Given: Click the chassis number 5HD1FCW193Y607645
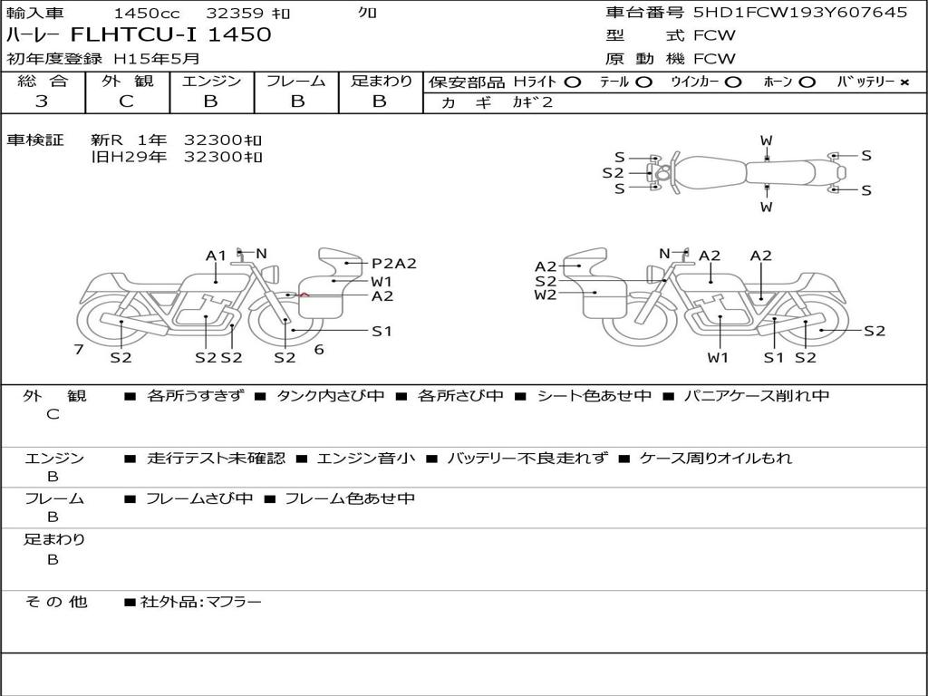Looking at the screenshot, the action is [x=800, y=13].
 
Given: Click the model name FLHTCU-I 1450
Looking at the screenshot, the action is [x=170, y=34].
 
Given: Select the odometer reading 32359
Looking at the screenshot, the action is [x=235, y=13].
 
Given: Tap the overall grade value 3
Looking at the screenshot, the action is [x=42, y=101].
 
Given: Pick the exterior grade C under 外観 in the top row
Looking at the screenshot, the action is [x=126, y=101].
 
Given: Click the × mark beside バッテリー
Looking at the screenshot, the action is [x=904, y=82].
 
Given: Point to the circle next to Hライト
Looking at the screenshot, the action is [x=573, y=82].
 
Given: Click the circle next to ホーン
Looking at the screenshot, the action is [x=807, y=82].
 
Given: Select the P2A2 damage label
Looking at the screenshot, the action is [x=394, y=264].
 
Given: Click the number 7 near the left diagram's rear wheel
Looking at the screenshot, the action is [x=79, y=349].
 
